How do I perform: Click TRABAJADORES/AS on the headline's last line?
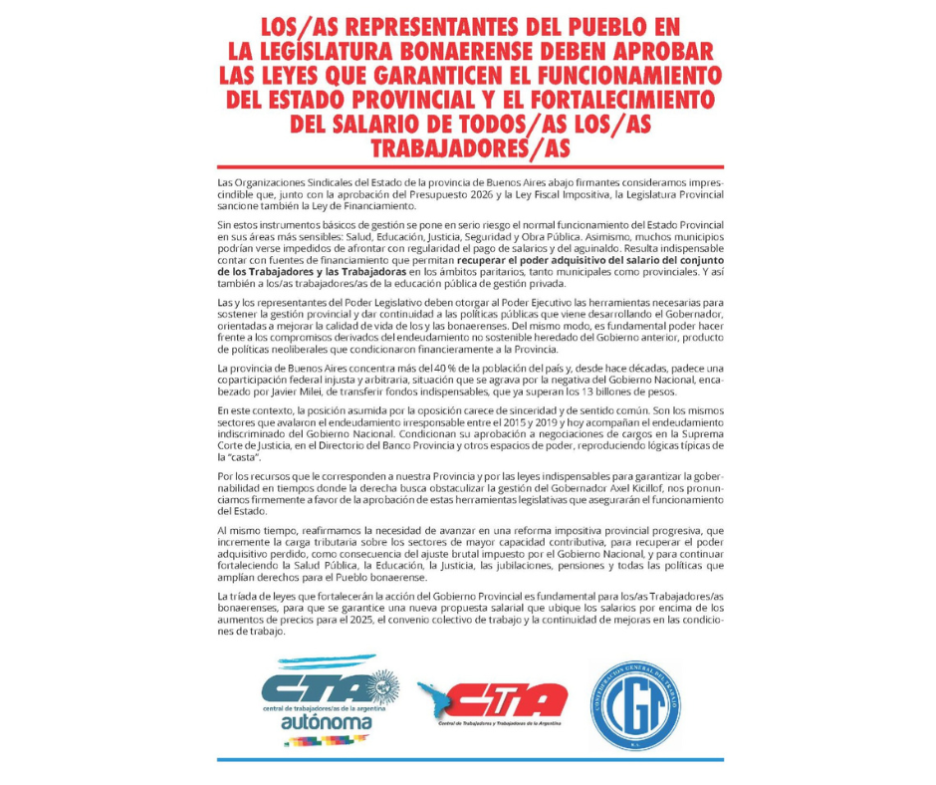pyautogui.click(x=471, y=149)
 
